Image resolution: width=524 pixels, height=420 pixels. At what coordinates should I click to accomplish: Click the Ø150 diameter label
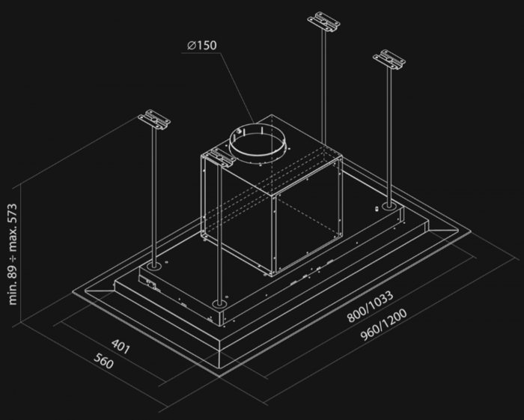202,45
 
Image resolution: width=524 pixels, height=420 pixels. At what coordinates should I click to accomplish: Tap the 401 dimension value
121,346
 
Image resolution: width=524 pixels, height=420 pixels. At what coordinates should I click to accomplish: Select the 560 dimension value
103,361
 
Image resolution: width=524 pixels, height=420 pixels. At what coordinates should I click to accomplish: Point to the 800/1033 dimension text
370,306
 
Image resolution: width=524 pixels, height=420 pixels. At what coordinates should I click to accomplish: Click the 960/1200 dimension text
383,324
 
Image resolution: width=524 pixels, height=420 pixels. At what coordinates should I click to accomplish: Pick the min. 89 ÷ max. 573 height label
13,254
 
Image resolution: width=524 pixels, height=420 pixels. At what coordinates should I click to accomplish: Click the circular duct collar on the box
258,143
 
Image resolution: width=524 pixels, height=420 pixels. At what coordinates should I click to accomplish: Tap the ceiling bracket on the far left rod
154,120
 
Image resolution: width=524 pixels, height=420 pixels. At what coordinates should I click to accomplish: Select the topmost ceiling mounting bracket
323,22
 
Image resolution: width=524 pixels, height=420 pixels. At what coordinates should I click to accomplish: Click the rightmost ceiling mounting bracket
389,60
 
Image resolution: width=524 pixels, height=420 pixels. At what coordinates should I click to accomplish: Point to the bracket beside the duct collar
219,157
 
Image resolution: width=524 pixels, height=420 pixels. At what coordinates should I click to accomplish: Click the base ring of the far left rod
154,267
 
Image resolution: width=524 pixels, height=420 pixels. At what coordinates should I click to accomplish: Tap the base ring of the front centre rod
219,304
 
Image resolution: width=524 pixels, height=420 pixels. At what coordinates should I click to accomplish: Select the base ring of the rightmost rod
389,206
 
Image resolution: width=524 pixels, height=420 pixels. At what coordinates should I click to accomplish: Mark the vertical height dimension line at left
21,253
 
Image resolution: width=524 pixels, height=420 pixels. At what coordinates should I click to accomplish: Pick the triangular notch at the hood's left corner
100,289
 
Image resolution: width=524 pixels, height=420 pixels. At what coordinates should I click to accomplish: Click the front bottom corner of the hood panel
219,377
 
